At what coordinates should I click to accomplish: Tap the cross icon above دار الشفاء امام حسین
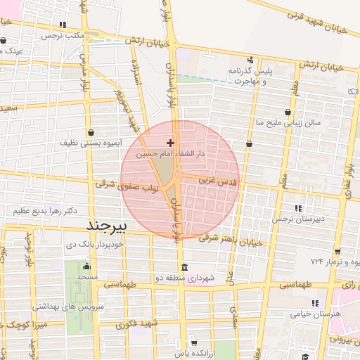tap(171, 143)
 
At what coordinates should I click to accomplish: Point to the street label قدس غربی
tap(219, 181)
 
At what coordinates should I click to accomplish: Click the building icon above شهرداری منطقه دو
tap(184, 267)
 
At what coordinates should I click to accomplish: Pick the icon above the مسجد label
tap(86, 266)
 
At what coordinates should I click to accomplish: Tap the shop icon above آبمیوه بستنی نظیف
tap(91, 132)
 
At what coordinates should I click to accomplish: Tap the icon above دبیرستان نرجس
tap(298, 208)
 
